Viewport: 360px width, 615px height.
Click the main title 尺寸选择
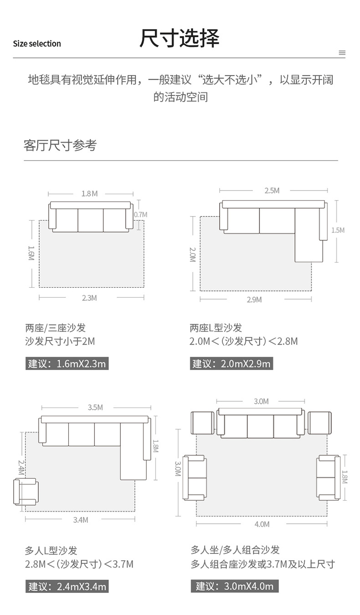(x=179, y=38)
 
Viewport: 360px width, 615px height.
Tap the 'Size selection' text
(x=37, y=44)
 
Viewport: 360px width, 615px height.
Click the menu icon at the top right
(x=342, y=53)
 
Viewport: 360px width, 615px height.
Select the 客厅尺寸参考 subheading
(x=60, y=145)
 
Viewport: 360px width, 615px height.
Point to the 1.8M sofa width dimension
(x=89, y=194)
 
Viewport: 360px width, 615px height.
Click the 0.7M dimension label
(x=140, y=214)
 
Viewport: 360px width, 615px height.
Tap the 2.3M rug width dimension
(x=89, y=298)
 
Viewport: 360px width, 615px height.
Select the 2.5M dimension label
(x=272, y=191)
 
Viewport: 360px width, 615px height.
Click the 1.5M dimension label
(x=338, y=230)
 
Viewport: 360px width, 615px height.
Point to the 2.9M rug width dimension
(x=254, y=300)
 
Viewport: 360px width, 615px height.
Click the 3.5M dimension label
(x=95, y=407)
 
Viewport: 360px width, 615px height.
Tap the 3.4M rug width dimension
(x=81, y=520)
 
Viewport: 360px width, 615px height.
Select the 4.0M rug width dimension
(x=262, y=524)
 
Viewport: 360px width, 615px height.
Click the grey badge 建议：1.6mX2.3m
(x=67, y=363)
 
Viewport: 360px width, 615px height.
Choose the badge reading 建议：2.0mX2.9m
(x=231, y=363)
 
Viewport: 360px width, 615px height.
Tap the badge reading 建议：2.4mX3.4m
(x=67, y=586)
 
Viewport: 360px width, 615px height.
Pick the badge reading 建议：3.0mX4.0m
(x=235, y=586)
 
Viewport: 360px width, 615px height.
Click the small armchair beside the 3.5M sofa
(x=26, y=491)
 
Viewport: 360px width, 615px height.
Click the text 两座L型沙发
(x=216, y=328)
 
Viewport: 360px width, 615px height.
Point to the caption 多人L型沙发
(x=51, y=551)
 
